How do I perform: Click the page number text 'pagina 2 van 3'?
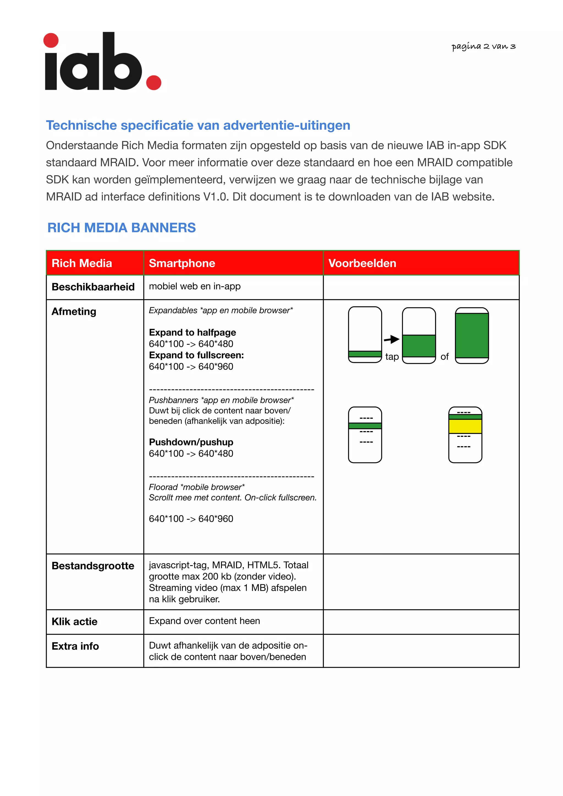tap(483, 46)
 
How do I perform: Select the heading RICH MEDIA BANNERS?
tap(122, 228)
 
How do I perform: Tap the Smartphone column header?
tap(182, 263)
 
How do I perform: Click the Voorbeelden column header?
tap(362, 263)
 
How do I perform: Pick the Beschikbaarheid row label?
tap(93, 287)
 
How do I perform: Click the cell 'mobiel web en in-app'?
tap(195, 286)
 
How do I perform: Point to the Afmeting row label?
tap(74, 311)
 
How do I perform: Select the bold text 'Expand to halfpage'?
tap(192, 332)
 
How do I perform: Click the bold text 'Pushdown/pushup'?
tap(191, 442)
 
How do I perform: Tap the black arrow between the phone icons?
tap(392, 339)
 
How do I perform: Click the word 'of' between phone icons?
tap(444, 357)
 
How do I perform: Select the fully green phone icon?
tap(472, 335)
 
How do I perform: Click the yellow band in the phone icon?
tap(465, 426)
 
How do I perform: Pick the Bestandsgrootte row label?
tap(93, 566)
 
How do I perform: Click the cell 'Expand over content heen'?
tap(204, 621)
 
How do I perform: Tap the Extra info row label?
tap(75, 646)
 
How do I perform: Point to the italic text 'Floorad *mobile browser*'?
tap(197, 487)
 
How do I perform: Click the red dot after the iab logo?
tap(154, 82)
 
